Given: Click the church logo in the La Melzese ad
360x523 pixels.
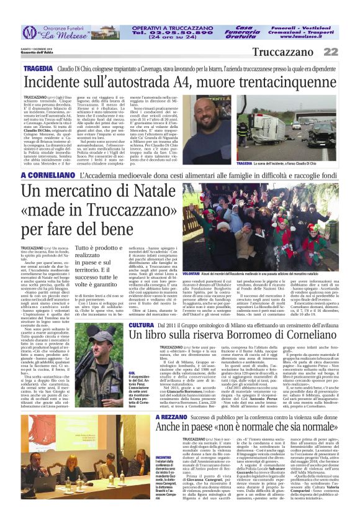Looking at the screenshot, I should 29,32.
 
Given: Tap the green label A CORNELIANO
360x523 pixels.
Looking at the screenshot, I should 47,176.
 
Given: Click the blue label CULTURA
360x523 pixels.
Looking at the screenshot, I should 141,325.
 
